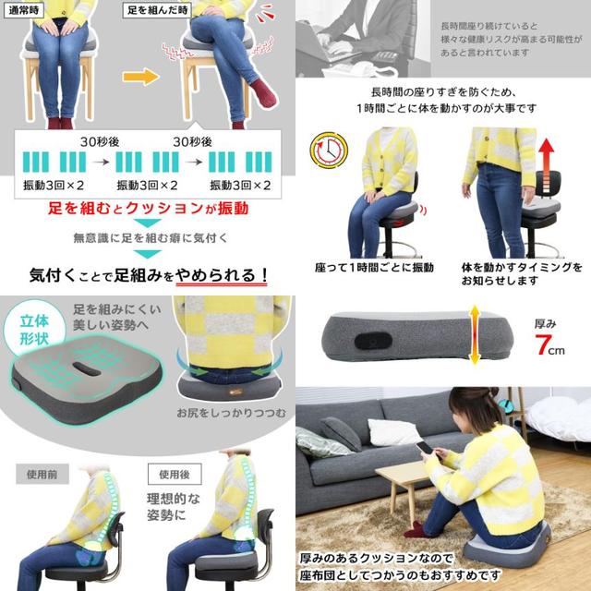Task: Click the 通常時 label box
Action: coord(23,10)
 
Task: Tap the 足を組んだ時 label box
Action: coord(157,10)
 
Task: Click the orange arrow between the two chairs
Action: coord(140,77)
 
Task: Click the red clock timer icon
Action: coord(329,150)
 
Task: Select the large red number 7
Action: coord(543,344)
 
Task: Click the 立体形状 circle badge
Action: coord(34,329)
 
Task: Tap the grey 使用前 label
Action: coord(42,474)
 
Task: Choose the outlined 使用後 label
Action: coord(175,474)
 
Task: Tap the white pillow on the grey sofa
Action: coord(394,432)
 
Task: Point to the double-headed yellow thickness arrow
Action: coord(475,334)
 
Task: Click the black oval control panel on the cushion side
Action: coord(373,341)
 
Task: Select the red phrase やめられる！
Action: coord(222,275)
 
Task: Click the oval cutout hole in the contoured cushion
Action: coord(86,369)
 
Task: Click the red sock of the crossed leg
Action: coord(263,92)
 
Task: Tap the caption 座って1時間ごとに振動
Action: coord(374,268)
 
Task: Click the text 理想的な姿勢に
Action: coord(174,507)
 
